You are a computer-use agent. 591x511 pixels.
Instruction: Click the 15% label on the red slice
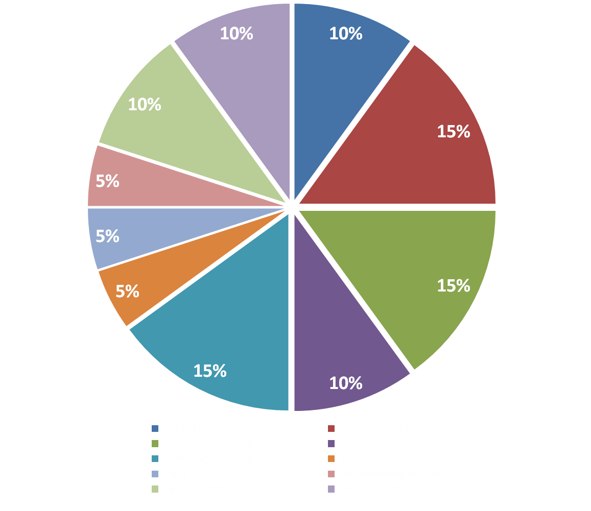(453, 132)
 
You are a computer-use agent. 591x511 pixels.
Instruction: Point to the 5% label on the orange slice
(127, 291)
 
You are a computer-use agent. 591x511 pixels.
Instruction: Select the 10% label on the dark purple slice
(346, 383)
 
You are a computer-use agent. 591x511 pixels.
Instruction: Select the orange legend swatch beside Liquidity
(331, 458)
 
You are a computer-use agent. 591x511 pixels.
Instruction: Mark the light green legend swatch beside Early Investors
(155, 489)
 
